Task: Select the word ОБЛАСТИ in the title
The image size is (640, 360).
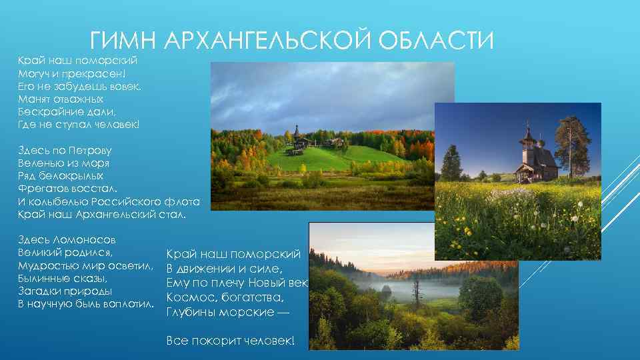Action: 436,41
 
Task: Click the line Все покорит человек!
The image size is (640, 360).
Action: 229,341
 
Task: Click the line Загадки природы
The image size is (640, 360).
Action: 65,291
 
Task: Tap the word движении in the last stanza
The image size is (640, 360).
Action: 207,269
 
